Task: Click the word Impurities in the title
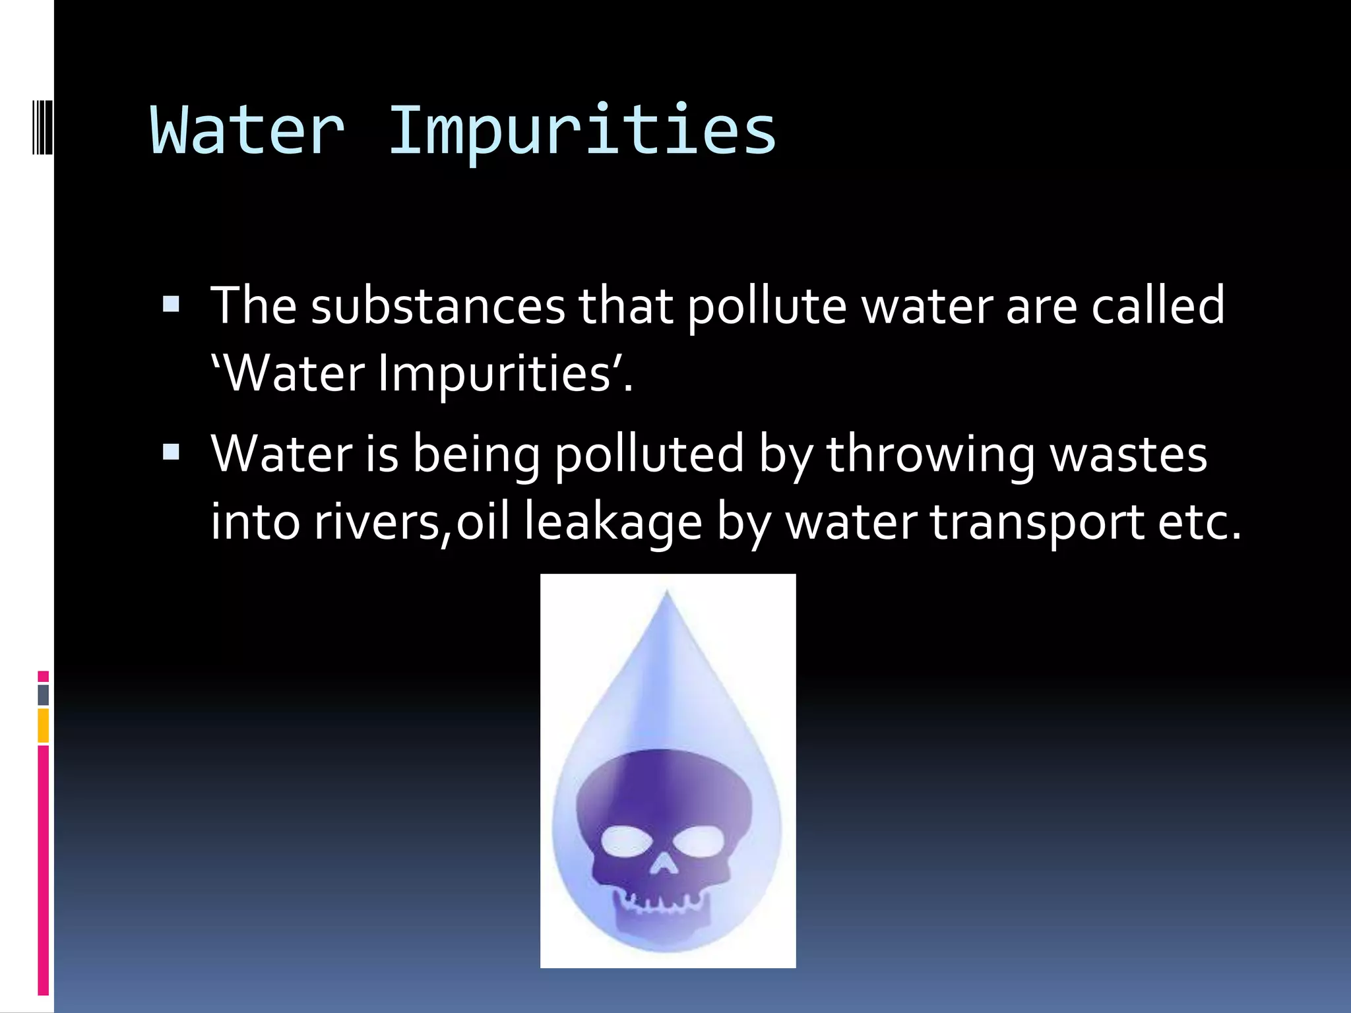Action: point(582,132)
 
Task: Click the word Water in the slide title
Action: point(248,132)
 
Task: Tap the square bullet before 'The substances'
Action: point(171,304)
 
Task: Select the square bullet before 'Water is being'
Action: point(171,452)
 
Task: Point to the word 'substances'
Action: point(438,307)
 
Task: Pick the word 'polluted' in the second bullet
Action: point(649,455)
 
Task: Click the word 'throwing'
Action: point(930,455)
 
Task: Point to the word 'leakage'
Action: point(613,523)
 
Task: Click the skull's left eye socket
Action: point(626,842)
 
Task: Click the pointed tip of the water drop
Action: point(667,593)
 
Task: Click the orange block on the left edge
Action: point(44,725)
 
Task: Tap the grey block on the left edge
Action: point(44,694)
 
